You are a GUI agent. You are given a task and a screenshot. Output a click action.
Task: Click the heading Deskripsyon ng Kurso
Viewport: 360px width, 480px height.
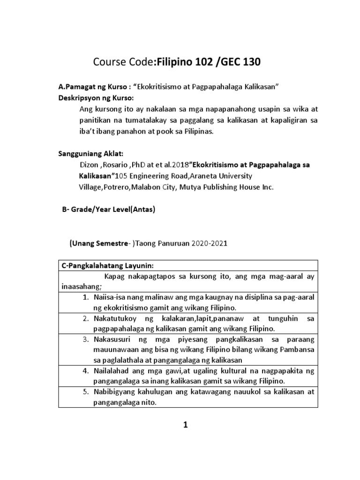(x=96, y=99)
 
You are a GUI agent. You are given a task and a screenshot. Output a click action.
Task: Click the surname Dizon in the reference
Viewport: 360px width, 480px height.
(x=90, y=165)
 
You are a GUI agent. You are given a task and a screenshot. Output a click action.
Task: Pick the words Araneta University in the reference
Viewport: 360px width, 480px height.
(x=217, y=176)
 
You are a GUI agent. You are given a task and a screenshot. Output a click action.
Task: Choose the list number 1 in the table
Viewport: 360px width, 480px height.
(x=85, y=298)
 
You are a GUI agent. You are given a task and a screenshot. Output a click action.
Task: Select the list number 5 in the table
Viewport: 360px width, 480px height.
(x=85, y=391)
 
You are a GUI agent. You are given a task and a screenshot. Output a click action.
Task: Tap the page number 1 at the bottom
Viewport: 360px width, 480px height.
(x=186, y=425)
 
